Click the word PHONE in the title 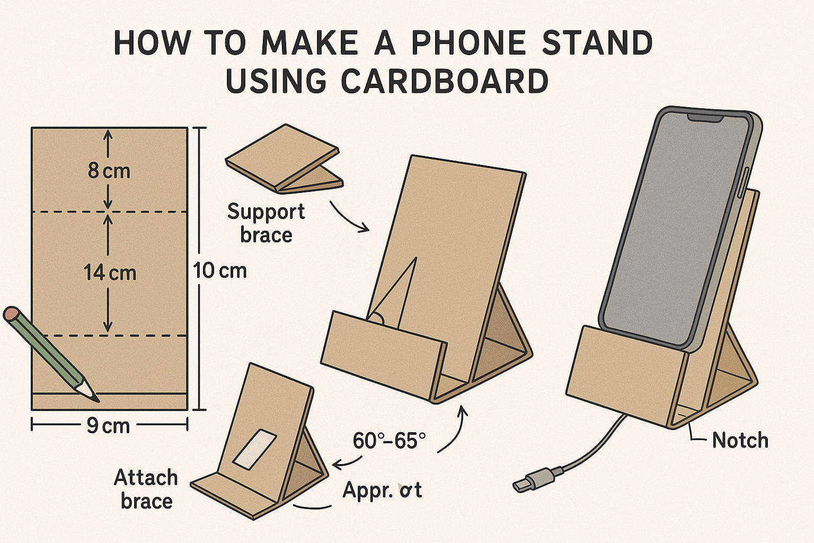(468, 43)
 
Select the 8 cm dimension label (109, 171)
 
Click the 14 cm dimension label (110, 273)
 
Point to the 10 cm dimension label (220, 270)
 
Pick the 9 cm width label (108, 425)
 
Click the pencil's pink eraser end (11, 313)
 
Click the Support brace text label (266, 223)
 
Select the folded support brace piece (284, 159)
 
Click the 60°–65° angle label (389, 441)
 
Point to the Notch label (740, 440)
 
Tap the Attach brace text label (146, 489)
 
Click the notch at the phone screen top (705, 118)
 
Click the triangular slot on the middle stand (396, 292)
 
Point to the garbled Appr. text (382, 490)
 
